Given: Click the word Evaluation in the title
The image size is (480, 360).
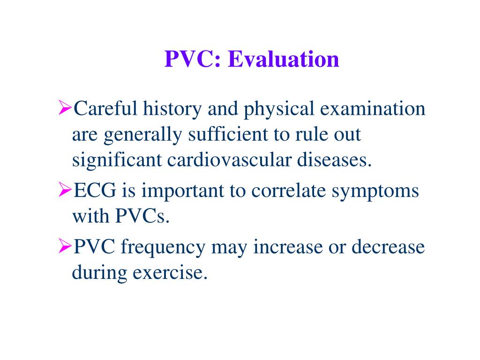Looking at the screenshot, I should (x=284, y=60).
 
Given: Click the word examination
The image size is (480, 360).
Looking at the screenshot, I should (x=373, y=109).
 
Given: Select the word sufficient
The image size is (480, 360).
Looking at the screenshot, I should (x=227, y=135).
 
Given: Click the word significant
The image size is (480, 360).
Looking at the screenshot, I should (x=117, y=162).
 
